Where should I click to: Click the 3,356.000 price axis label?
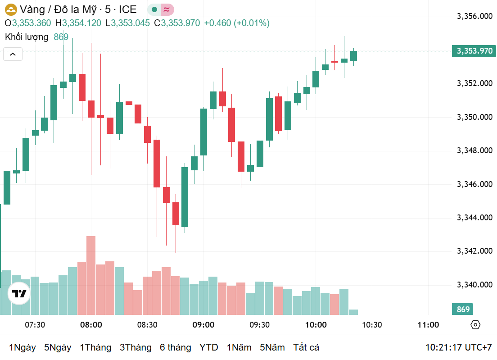[x=474, y=17]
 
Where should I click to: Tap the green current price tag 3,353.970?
[x=474, y=51]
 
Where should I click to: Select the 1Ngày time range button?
[x=23, y=347]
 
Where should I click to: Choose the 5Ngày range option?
[x=58, y=347]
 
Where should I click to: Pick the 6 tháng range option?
[x=175, y=347]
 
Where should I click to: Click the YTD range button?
[x=209, y=347]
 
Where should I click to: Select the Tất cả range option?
[x=306, y=347]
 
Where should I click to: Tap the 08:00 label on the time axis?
[x=91, y=325]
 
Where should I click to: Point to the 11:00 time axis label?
[x=428, y=325]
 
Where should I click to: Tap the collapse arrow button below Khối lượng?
[x=13, y=55]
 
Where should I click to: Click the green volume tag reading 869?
[x=463, y=310]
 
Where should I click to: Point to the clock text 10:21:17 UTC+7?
[x=459, y=347]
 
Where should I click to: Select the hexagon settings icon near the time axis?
[x=475, y=325]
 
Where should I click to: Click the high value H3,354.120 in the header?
[x=78, y=23]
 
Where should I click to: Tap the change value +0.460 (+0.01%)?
[x=237, y=23]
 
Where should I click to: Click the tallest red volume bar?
[x=91, y=275]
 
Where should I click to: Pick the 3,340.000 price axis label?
[x=474, y=285]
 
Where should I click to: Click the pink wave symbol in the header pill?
[x=167, y=9]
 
